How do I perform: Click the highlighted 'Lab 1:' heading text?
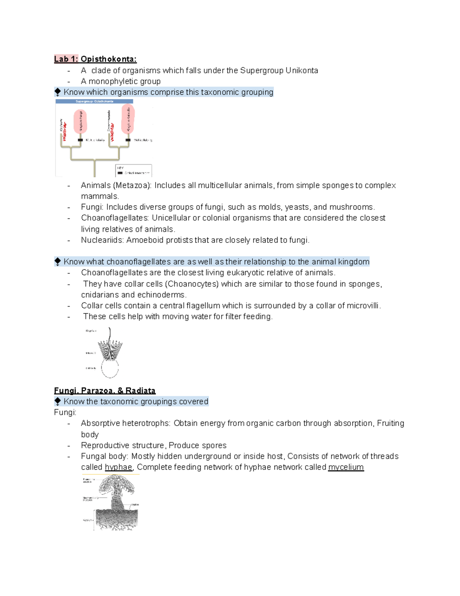click(66, 59)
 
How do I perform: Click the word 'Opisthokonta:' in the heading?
click(108, 59)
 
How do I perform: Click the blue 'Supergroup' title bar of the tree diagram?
click(94, 101)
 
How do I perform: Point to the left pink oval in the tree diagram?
click(80, 121)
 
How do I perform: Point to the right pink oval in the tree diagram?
click(128, 119)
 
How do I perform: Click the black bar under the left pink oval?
click(80, 140)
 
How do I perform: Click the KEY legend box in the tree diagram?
click(133, 170)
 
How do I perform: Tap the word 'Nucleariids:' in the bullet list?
click(102, 240)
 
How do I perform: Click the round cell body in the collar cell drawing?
click(110, 368)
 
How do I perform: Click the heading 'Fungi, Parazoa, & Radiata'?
click(105, 391)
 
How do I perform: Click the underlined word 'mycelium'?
click(346, 467)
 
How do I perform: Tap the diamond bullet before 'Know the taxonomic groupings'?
click(58, 401)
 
